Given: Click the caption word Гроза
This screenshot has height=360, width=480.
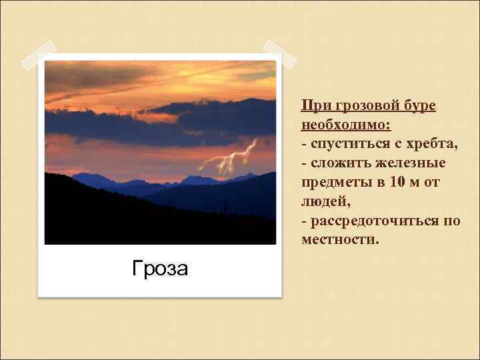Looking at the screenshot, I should pos(160,268).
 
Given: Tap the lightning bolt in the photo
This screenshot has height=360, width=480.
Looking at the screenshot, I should pos(230,157).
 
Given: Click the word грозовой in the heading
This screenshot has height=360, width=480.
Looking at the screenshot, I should pos(359,105).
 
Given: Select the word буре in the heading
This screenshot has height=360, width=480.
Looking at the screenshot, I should pos(419,105).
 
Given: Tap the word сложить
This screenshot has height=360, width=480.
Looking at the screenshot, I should pos(339,163).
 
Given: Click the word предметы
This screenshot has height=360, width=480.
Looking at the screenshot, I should pos(335,182).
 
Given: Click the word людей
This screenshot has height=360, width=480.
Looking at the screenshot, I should pos(325,201).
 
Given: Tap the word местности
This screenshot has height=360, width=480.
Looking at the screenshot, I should pos(339,239).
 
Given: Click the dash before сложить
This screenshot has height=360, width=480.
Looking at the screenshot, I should pos(304,164).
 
